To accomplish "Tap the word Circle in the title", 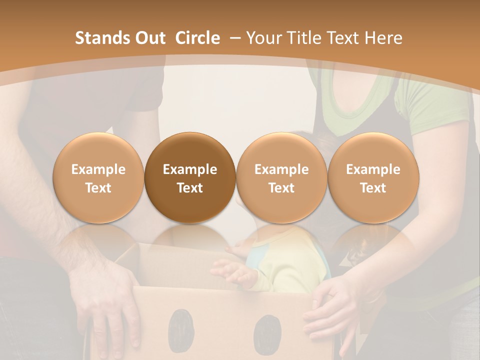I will pyautogui.click(x=197, y=38).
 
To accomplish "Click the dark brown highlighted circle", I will pyautogui.click(x=190, y=178).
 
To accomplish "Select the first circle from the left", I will pyautogui.click(x=98, y=178).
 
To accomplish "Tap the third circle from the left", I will pyautogui.click(x=281, y=178).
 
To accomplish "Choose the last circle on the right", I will pyautogui.click(x=373, y=178).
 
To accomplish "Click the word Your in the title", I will pyautogui.click(x=263, y=38).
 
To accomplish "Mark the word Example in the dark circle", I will pyautogui.click(x=190, y=169).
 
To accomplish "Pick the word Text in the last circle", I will pyautogui.click(x=373, y=187).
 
